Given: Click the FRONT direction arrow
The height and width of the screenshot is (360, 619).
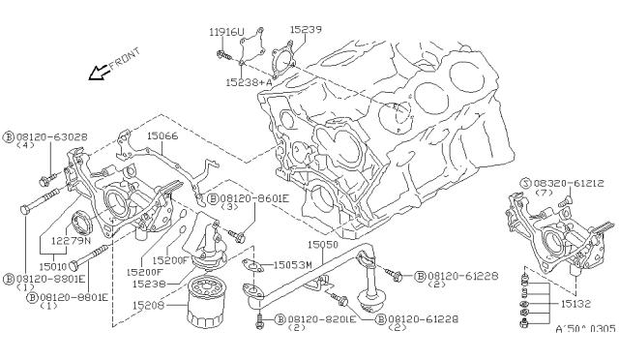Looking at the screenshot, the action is point(99,73).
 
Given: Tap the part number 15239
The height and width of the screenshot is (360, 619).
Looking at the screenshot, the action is point(306,29).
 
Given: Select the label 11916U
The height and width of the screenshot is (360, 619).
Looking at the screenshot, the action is point(226,32).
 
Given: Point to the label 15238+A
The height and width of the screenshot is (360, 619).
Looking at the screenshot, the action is point(249,82).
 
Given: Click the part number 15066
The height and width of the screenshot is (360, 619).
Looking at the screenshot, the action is point(162,135).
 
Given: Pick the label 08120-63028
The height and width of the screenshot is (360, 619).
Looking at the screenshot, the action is point(51,137).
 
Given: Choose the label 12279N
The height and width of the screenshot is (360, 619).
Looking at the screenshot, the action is point(71,240).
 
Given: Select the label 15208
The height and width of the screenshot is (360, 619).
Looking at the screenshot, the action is point(148,305).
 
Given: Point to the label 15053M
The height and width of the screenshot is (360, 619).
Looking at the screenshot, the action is point(292,265).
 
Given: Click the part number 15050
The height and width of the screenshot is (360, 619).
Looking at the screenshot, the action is point(323,245).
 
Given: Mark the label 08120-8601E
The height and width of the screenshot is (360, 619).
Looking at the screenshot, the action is point(254,198).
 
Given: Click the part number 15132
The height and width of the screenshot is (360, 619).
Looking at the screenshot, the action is point(575,304).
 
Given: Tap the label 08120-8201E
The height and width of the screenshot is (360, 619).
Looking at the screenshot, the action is point(322,319).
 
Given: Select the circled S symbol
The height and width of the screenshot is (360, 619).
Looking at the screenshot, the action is point(525,183).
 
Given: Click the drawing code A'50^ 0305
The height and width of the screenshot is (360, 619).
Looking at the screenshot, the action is point(585,329).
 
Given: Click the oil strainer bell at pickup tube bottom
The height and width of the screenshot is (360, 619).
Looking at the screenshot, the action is point(371,302).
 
